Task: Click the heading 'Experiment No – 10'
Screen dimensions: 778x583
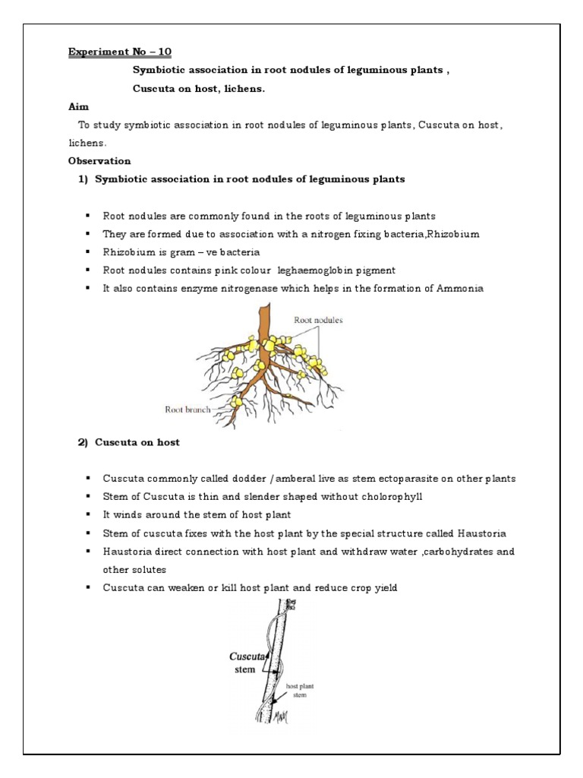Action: (120, 52)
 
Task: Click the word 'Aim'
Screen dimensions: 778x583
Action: (78, 108)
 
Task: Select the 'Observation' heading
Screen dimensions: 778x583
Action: (99, 161)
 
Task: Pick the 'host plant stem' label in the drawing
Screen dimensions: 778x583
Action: (300, 690)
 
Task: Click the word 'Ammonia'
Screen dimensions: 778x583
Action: (461, 289)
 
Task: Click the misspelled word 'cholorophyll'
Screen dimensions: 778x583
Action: (380, 497)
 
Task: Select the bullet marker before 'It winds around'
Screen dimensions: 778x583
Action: (87, 515)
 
